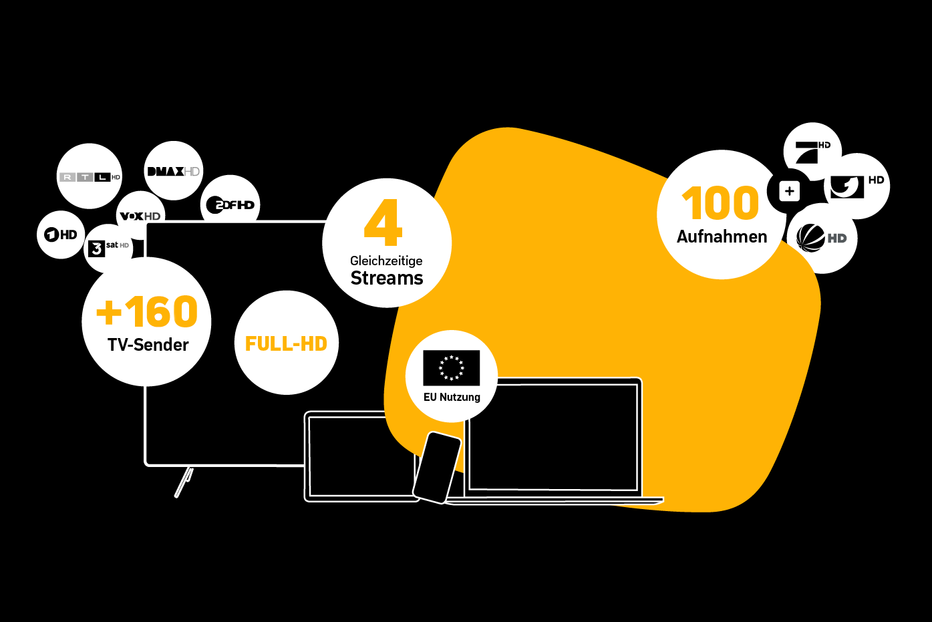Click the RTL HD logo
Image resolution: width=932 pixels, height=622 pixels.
(90, 177)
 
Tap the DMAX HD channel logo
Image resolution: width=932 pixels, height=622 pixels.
(173, 171)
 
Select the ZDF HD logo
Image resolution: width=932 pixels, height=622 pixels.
(230, 205)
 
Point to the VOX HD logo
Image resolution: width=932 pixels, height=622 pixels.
(140, 216)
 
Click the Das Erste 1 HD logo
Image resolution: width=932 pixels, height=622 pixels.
(61, 235)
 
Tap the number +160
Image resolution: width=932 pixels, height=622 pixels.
(148, 312)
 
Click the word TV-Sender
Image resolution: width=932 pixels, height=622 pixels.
(148, 345)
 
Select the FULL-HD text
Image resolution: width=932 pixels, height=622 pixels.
(286, 343)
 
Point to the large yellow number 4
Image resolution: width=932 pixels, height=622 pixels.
(383, 223)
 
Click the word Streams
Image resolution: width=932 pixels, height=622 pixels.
(387, 278)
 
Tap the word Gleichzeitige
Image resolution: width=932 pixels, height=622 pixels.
(386, 261)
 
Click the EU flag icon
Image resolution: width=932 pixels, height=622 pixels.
(451, 367)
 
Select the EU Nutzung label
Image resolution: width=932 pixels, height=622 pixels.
(452, 397)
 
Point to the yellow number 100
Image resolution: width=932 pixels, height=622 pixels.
(720, 203)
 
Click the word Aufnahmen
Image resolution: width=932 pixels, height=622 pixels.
(722, 237)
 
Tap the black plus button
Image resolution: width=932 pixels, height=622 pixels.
(789, 192)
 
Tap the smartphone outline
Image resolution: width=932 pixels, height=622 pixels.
(438, 467)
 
